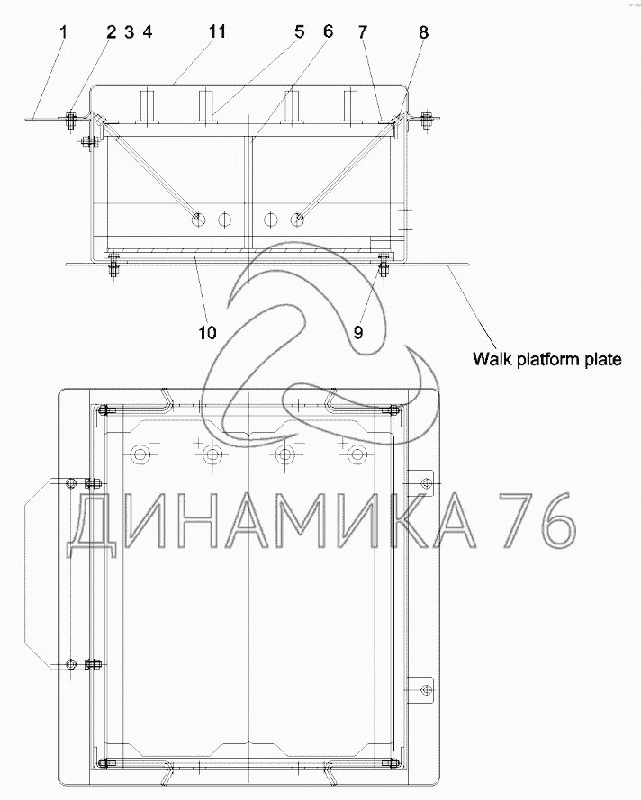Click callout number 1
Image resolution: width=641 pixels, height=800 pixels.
[63, 32]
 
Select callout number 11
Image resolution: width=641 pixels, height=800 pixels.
[217, 31]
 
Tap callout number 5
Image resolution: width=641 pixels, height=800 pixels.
[300, 31]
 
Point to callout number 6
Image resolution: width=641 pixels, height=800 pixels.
[329, 31]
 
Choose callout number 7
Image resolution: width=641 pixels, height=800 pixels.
[362, 32]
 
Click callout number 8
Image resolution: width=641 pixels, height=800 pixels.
[424, 32]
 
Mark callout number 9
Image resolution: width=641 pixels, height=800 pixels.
[358, 333]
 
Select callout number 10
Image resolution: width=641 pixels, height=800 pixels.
[208, 333]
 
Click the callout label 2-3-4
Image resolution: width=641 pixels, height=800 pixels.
[129, 32]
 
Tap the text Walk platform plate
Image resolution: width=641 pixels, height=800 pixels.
[547, 359]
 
